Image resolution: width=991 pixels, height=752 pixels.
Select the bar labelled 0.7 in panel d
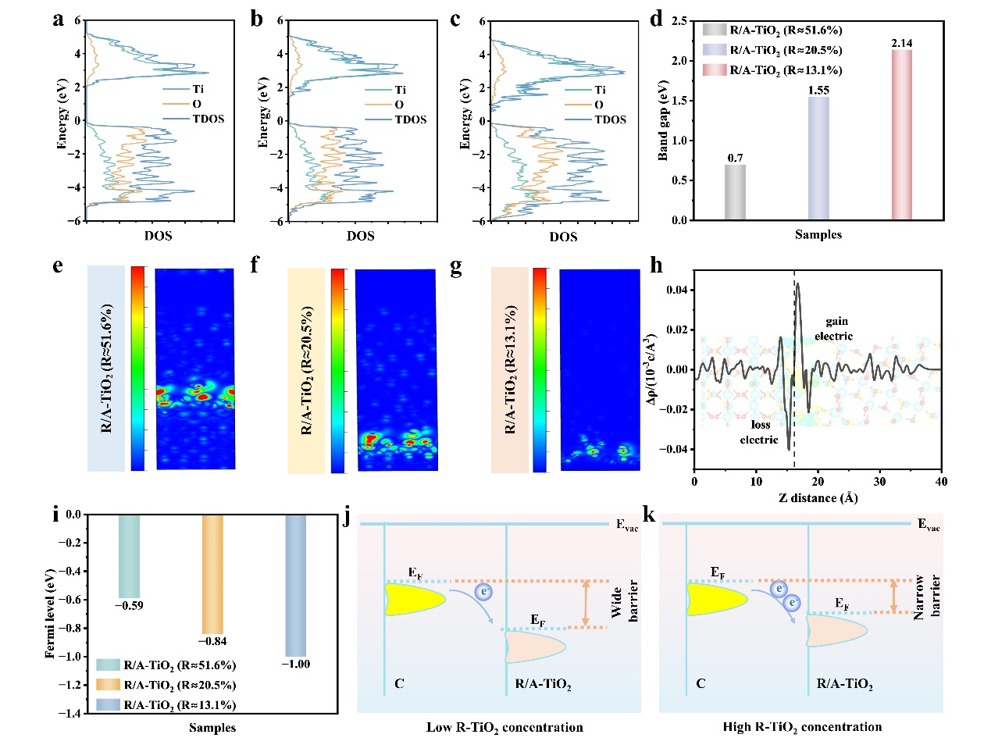tap(735, 191)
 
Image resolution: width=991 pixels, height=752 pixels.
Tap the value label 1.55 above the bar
tap(818, 90)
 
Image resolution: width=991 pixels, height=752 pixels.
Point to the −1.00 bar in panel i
tap(295, 585)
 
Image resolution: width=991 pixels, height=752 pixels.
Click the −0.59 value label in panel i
tap(129, 605)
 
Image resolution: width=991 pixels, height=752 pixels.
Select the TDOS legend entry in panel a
tap(208, 119)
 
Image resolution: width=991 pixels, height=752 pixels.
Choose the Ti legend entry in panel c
tap(599, 90)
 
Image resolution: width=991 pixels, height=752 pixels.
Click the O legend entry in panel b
tap(398, 105)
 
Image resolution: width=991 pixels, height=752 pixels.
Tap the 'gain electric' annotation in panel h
tap(835, 329)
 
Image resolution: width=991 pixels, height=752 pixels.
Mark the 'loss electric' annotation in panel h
tap(760, 433)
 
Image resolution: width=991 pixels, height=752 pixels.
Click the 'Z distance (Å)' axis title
tap(818, 498)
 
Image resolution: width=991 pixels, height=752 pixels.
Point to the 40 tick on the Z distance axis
tap(941, 482)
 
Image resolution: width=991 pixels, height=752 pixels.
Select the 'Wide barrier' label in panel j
tap(625, 601)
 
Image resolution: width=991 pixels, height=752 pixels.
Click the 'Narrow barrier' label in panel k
tap(927, 597)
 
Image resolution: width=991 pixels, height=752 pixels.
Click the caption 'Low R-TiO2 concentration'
tap(504, 727)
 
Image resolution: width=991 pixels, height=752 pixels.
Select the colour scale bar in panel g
tap(540, 369)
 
